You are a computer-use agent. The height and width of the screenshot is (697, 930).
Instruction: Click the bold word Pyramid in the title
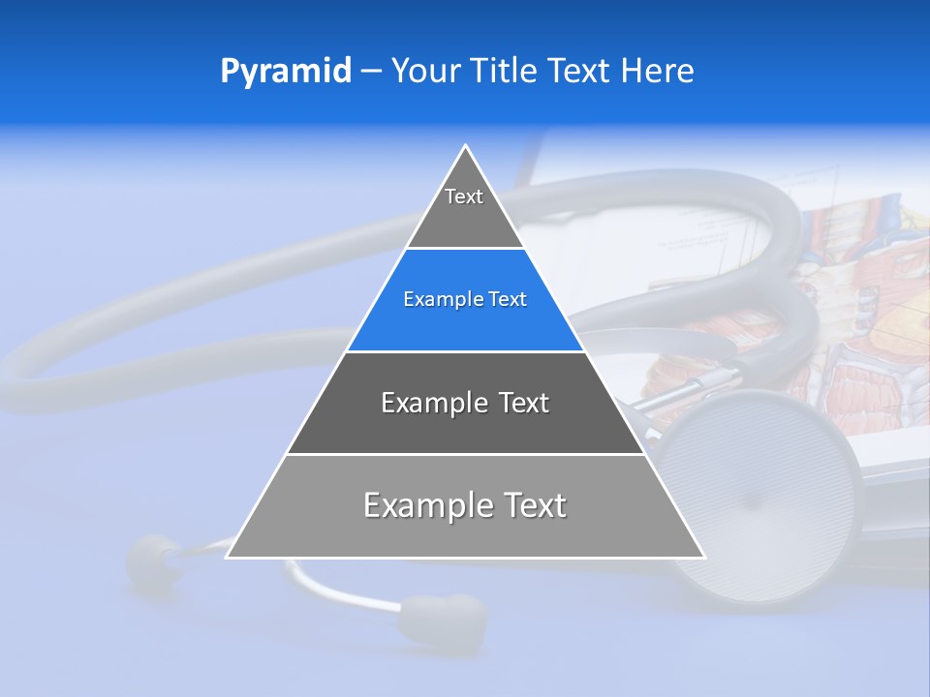(285, 72)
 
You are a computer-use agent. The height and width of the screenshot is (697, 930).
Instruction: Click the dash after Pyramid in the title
(370, 72)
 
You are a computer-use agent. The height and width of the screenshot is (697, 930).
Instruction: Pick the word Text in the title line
(578, 71)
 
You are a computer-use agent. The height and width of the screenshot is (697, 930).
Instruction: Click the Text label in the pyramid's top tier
(464, 197)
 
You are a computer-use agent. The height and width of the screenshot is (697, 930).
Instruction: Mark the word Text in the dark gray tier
(524, 403)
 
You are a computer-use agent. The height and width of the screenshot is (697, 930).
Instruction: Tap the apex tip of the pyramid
(466, 147)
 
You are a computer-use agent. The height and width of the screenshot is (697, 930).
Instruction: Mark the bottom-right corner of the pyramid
(702, 557)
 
